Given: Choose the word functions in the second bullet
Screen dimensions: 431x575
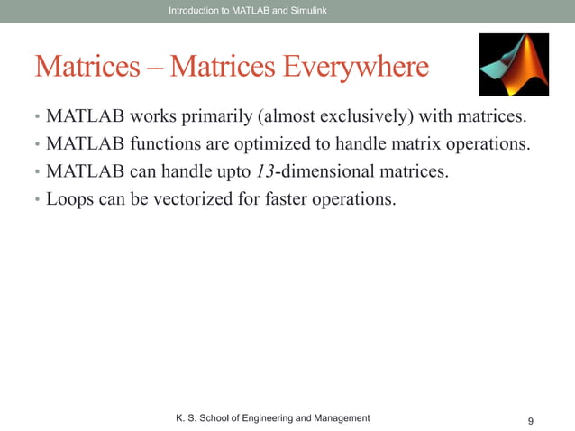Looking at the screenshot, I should [x=157, y=144].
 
